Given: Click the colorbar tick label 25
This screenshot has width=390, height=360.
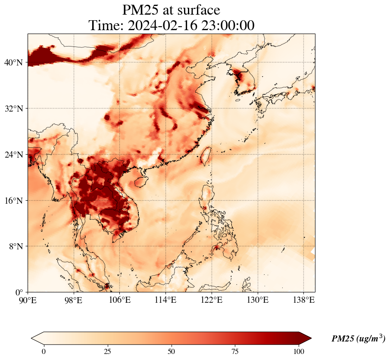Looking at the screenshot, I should coord(107,351).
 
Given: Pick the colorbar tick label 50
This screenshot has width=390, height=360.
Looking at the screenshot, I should coord(172,351).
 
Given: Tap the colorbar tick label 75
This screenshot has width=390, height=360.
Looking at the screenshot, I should coord(235,351).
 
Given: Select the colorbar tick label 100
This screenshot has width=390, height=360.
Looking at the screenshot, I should coord(299,351).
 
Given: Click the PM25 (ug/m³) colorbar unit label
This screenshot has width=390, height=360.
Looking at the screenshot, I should coord(358,339).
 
